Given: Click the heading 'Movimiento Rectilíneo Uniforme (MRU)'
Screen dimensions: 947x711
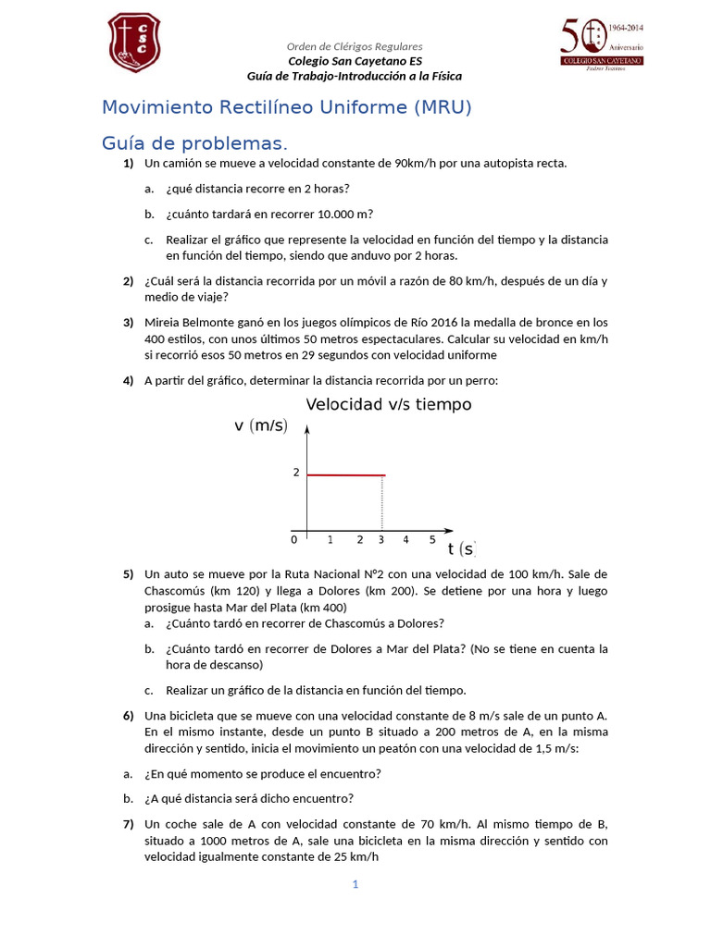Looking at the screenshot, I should (286, 107).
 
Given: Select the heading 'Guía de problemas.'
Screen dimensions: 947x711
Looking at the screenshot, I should (194, 143).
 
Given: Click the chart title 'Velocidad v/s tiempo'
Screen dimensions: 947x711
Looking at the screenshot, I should (388, 405).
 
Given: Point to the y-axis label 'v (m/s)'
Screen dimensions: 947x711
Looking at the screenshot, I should (261, 426).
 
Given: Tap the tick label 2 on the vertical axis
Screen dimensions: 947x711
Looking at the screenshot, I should (296, 473).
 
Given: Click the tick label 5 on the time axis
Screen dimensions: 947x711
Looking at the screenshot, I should (432, 539).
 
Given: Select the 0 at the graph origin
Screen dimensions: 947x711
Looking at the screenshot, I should (294, 539).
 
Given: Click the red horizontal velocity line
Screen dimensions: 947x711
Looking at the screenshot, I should (345, 474).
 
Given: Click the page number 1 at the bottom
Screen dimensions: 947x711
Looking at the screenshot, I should (355, 884).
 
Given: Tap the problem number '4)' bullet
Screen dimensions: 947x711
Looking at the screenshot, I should (128, 380).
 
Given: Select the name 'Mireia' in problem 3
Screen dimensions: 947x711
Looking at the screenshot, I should (164, 323).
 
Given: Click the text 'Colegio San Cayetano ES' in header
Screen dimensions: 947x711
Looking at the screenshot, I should (354, 61).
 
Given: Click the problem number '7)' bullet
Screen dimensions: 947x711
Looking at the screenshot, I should (128, 824).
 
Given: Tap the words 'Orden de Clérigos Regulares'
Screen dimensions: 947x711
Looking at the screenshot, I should (355, 46).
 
